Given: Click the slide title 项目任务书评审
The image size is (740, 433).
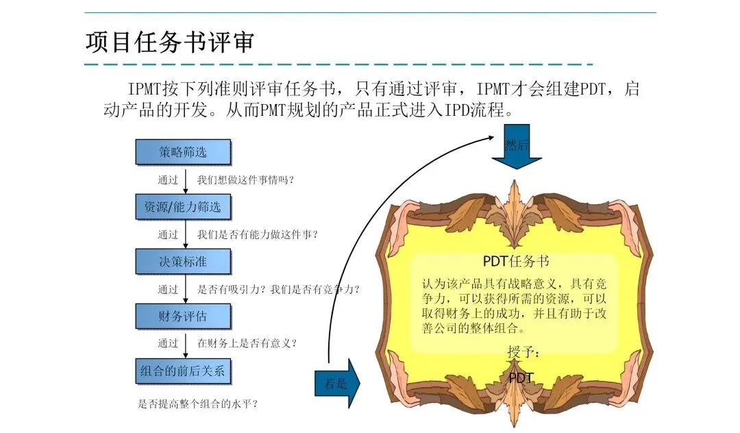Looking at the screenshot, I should point(170,42).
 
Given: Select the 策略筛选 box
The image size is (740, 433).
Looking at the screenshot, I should point(183,152).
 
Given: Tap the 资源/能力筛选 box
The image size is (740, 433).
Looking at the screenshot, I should point(183,207).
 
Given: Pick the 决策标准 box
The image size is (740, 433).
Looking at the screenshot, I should point(183,262).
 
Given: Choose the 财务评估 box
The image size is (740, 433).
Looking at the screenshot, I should point(183,317).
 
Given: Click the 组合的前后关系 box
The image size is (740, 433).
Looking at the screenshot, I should point(183,371).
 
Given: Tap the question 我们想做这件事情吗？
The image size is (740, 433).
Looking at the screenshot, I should point(246,180).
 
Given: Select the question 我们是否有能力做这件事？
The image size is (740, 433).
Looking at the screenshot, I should point(258,234).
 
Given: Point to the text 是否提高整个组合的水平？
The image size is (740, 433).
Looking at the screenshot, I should point(198,404).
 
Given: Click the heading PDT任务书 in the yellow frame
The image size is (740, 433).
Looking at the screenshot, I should point(515,261).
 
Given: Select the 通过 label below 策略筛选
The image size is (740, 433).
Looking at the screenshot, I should point(168,180).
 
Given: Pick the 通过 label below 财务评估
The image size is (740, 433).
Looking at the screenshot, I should point(168,343).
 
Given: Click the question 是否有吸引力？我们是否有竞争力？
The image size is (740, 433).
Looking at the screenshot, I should point(278,289).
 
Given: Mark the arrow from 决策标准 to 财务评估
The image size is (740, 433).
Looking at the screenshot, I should point(185,288).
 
